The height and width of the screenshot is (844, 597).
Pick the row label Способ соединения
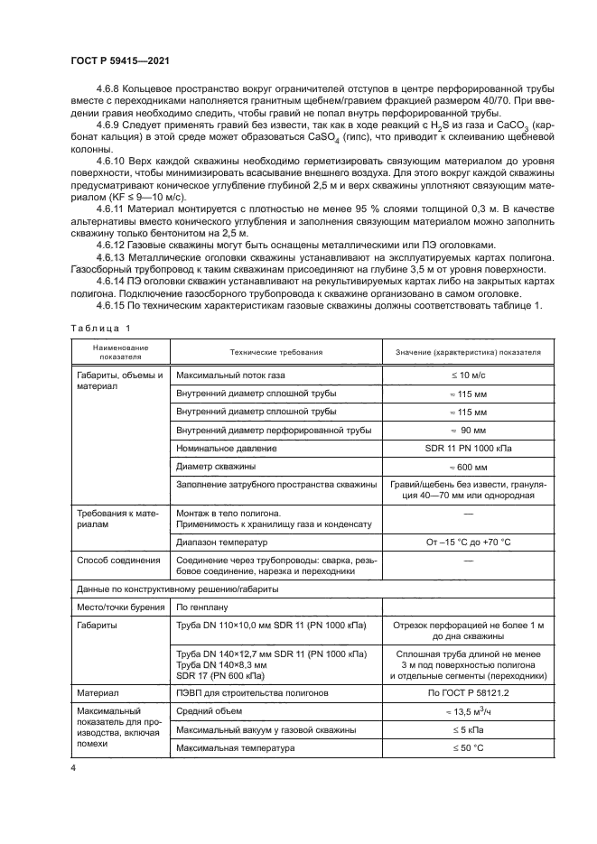pyautogui.click(x=117, y=560)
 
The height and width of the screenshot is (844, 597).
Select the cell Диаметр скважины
pyautogui.click(x=216, y=467)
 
